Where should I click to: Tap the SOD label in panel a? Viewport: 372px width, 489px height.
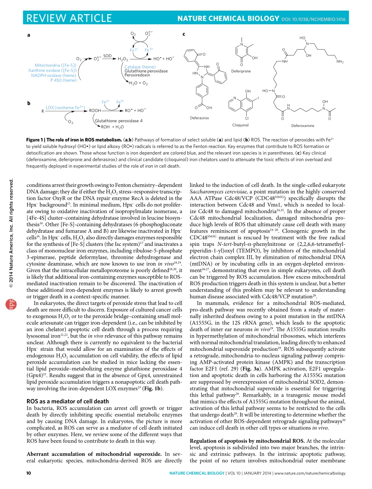[107, 56]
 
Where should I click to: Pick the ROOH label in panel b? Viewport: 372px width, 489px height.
[95, 111]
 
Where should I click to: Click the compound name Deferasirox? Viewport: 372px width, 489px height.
[200, 117]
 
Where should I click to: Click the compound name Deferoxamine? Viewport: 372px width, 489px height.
[303, 126]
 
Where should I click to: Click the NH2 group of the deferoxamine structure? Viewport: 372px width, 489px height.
[339, 61]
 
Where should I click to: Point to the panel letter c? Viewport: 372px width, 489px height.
[184, 34]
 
